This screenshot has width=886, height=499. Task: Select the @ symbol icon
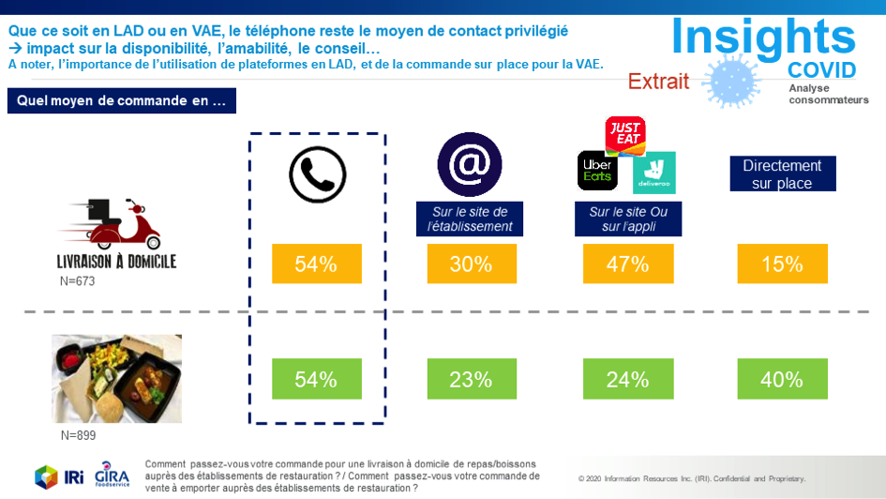(470, 165)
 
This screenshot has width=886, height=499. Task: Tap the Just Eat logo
(624, 137)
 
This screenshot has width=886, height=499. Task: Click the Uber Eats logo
(596, 170)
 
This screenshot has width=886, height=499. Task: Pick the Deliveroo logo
(653, 173)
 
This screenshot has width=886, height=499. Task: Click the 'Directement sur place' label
(781, 174)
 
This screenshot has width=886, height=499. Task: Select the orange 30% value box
(471, 265)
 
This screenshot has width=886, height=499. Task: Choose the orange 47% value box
(627, 265)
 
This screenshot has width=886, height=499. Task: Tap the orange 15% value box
(782, 265)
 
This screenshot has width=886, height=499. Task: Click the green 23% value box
(471, 379)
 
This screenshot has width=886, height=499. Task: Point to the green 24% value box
(627, 379)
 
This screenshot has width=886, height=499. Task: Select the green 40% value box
(782, 379)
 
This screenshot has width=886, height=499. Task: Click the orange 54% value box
(316, 265)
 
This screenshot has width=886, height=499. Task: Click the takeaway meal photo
(116, 378)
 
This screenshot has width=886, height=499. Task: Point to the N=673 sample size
(78, 280)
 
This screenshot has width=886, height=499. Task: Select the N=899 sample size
(78, 435)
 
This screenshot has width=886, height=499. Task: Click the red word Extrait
(658, 82)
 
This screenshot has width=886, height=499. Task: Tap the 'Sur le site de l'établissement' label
(470, 219)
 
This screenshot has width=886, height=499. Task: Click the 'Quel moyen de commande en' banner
(121, 101)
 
